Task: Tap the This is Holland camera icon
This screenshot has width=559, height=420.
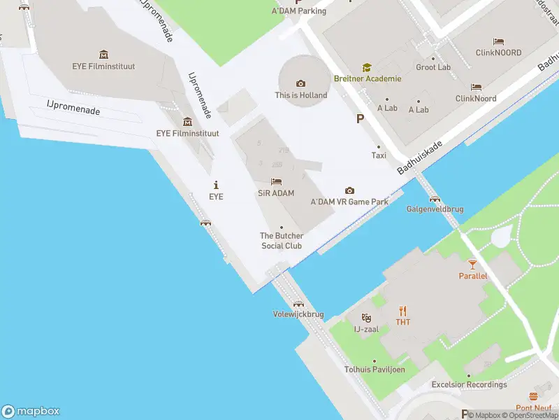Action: [301, 84]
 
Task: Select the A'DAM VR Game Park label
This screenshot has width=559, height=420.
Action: [349, 202]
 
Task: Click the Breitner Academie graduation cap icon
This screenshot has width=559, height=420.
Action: [367, 67]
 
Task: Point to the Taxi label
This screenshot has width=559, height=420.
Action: [379, 155]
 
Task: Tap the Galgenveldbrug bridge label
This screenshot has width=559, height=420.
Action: [434, 209]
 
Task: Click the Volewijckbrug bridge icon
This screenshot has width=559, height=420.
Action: [298, 304]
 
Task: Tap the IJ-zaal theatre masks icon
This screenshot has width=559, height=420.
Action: [366, 318]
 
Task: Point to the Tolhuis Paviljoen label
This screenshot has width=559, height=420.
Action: [375, 370]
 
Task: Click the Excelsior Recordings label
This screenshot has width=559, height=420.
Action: [469, 384]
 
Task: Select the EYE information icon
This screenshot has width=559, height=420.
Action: [217, 185]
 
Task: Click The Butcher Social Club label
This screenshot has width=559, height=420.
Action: [282, 241]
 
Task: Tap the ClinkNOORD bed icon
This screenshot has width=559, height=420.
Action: [498, 42]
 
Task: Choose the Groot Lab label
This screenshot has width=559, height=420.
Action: [433, 67]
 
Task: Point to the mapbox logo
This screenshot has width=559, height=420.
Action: [31, 412]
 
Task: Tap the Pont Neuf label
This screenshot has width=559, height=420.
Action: [534, 407]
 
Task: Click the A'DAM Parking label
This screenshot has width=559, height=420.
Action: [299, 11]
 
